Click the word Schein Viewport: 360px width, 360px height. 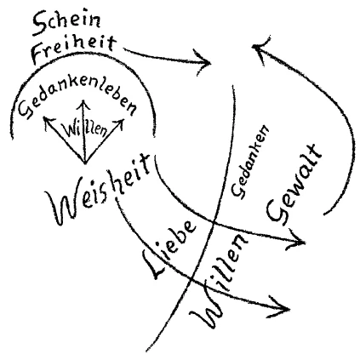tap(67, 23)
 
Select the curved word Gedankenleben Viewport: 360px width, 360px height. tap(77, 100)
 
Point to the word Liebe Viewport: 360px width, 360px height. tap(170, 249)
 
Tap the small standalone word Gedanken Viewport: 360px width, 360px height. tap(249, 162)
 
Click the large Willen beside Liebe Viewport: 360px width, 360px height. tap(219, 281)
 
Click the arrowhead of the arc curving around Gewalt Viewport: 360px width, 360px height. tap(254, 47)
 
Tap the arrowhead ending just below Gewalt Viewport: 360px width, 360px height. tap(304, 243)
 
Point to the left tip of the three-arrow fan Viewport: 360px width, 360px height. tap(43, 117)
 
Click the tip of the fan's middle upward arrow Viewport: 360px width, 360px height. tap(83, 100)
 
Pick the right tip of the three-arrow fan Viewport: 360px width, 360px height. tap(123, 119)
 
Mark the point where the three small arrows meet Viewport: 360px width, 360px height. tap(85, 163)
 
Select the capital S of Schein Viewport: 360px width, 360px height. tap(40, 25)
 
